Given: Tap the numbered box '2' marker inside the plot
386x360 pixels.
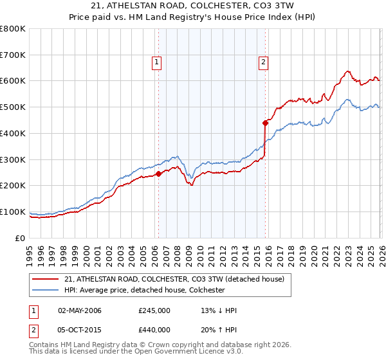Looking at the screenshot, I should [x=264, y=62].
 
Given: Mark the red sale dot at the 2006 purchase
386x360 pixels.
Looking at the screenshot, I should [x=158, y=174].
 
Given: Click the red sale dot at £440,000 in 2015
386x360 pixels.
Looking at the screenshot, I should [x=265, y=122].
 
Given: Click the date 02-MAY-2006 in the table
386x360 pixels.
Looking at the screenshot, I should [x=80, y=311].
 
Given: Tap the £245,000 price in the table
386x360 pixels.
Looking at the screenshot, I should [x=154, y=311].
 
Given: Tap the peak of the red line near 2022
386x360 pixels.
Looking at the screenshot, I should [x=347, y=71].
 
